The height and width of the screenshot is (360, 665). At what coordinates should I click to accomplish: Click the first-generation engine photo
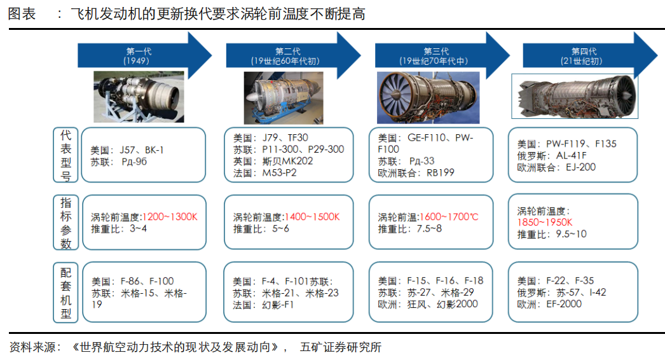pos(139,97)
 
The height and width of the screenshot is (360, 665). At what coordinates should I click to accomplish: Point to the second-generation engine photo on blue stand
pos(284,98)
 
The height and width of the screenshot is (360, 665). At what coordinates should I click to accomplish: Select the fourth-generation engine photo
pos(575,97)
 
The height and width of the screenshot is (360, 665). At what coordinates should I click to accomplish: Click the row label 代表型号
pos(65,155)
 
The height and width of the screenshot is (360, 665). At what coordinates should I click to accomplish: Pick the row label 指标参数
pos(65,223)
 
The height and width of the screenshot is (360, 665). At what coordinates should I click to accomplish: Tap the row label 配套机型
pos(65,293)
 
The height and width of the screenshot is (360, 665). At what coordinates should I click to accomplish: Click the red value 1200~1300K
pos(170,217)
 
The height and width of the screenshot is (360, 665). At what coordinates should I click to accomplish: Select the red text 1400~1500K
pos(312,217)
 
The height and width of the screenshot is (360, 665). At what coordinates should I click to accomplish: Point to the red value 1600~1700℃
pos(449,217)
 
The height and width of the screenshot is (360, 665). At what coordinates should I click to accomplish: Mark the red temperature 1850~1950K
pos(545,222)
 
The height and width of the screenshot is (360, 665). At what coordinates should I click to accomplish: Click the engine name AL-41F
pos(571,155)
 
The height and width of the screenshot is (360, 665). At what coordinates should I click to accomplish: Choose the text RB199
pos(440,172)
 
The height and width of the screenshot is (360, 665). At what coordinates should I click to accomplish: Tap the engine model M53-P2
pos(279,173)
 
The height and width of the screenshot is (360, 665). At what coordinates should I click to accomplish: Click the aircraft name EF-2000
pos(564,304)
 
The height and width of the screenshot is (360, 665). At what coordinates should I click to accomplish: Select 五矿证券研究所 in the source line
pos(341,347)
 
